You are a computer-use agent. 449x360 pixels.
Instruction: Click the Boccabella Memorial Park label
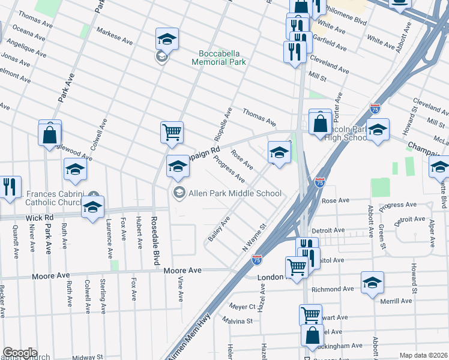pyautogui.click(x=219, y=56)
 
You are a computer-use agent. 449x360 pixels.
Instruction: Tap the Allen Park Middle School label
pyautogui.click(x=235, y=193)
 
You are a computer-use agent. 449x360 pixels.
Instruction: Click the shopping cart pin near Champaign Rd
pyautogui.click(x=172, y=132)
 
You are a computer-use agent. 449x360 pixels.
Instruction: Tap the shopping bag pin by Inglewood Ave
pyautogui.click(x=50, y=134)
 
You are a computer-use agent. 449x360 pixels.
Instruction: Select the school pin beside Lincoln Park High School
pyautogui.click(x=378, y=130)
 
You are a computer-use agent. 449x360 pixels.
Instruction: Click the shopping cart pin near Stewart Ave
pyautogui.click(x=310, y=314)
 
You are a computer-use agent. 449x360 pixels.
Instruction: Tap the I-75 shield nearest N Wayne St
pyautogui.click(x=256, y=259)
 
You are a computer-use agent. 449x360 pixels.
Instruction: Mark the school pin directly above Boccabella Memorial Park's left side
pyautogui.click(x=167, y=39)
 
